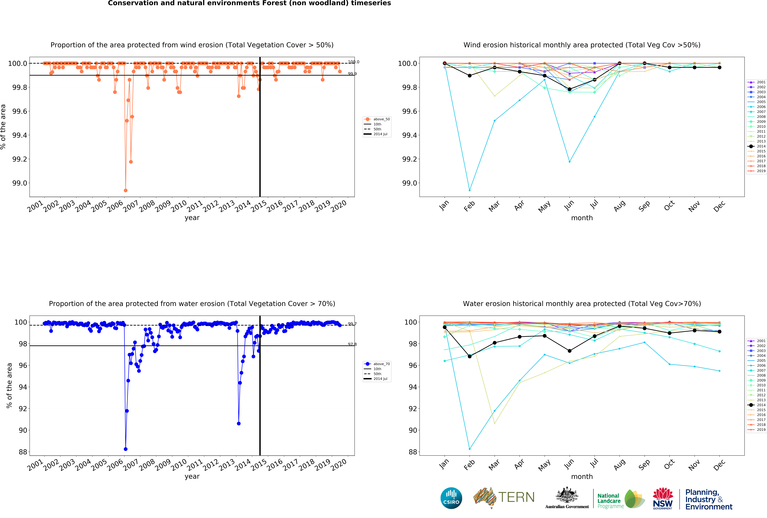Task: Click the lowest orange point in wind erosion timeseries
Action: (125, 190)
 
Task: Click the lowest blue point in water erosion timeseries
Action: (125, 449)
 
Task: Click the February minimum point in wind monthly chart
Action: (470, 190)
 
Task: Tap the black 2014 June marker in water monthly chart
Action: (570, 351)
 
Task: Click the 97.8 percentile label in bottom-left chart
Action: (352, 344)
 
